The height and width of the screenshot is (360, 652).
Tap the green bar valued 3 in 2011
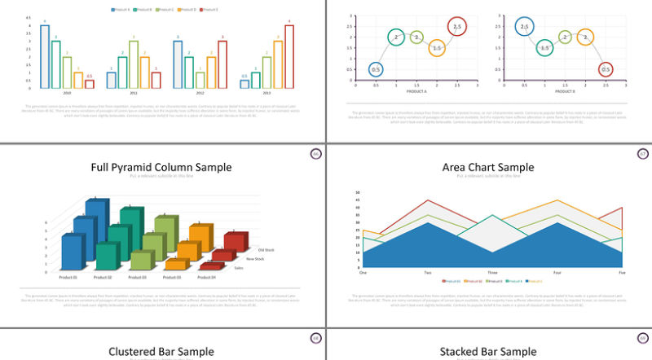point(133,64)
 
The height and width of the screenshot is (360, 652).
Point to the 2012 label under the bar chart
point(200,94)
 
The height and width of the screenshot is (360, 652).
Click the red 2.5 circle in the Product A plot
point(456,27)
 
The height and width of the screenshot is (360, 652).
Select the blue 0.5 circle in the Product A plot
point(376,69)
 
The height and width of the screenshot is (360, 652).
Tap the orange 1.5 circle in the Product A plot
point(437,48)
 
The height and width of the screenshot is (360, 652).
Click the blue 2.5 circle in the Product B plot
point(524,27)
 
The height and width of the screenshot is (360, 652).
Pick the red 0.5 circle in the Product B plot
point(605,69)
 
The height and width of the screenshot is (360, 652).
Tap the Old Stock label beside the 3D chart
point(267,250)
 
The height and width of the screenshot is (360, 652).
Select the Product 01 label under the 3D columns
point(68,278)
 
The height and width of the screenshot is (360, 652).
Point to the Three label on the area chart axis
point(492,272)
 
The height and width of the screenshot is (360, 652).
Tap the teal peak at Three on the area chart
point(492,216)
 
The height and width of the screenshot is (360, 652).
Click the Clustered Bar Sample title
point(161,352)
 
